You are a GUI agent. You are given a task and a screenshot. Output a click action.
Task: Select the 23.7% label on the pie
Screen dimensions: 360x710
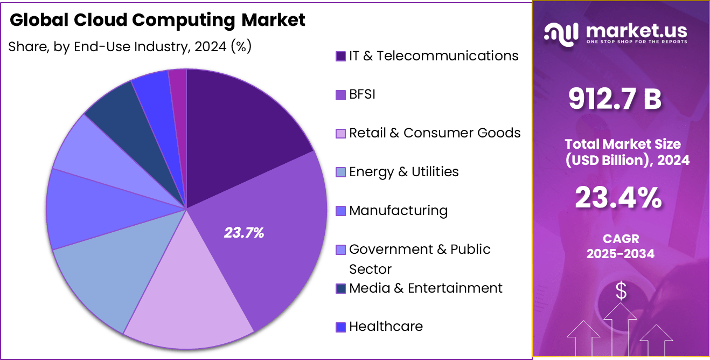coord(244,233)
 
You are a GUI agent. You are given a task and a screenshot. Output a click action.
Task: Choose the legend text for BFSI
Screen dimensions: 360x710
coord(362,94)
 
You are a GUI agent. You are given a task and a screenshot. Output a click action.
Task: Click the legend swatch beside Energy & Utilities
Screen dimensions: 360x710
coord(340,172)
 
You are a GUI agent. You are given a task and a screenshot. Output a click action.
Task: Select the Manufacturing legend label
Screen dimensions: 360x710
coord(398,210)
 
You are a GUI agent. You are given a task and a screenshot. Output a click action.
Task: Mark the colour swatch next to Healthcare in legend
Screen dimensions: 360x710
coord(340,327)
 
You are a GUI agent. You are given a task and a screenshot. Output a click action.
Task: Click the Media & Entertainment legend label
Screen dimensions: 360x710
coord(426,288)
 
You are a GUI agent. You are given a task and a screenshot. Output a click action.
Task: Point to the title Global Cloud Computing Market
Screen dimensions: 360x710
coord(157,20)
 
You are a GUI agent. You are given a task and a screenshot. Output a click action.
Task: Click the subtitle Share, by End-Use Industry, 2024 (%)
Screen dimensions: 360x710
coord(130,47)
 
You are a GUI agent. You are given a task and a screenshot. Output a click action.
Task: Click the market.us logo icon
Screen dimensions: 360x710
coord(561,33)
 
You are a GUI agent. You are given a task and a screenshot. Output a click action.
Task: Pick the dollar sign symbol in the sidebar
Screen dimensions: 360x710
coord(621,292)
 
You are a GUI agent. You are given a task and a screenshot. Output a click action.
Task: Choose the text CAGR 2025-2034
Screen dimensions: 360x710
coord(621,246)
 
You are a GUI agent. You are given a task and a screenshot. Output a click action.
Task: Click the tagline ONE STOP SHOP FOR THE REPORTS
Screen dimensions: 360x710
coord(637,41)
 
